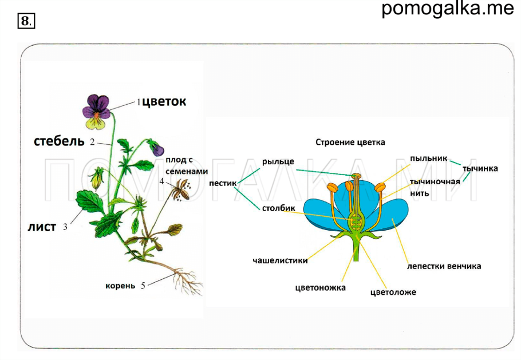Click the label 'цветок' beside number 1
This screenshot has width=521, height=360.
pos(164,102)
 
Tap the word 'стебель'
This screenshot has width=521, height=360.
pos(59,141)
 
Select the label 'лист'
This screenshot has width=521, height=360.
pos(42,227)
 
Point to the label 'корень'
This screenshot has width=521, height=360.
pos(120,284)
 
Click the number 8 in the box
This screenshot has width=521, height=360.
pos(26,22)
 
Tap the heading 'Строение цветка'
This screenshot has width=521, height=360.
pos(350,142)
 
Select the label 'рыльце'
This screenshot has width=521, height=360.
pos(278,161)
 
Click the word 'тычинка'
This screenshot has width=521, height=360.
pos(480,168)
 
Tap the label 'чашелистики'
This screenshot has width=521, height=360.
pos(280,260)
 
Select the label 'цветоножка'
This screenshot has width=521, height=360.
pos(321,287)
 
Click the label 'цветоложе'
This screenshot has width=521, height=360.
pos(393,292)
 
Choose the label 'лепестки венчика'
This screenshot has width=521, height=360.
pos(444,266)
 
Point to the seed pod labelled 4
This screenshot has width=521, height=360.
pos(182,190)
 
